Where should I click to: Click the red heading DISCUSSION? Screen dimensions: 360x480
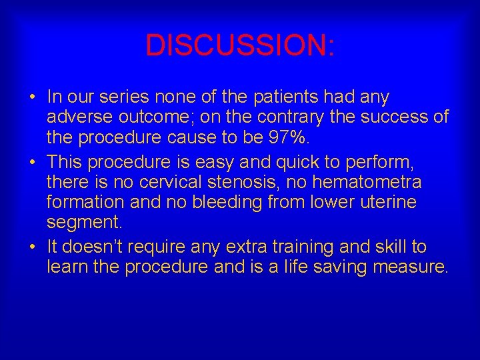pyautogui.click(x=240, y=45)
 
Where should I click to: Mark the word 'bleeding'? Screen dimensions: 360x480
pyautogui.click(x=231, y=201)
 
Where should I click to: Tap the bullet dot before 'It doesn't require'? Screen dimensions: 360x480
pyautogui.click(x=33, y=247)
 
